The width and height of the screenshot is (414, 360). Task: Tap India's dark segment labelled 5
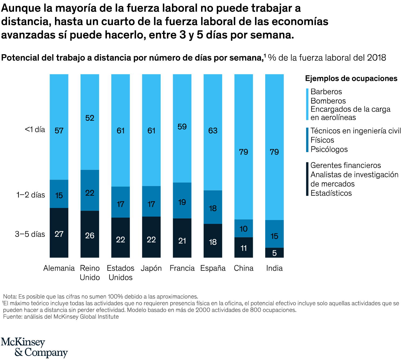pyautogui.click(x=274, y=253)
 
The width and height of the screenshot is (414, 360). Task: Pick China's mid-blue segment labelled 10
pyautogui.click(x=244, y=229)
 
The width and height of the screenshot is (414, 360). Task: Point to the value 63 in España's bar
pyautogui.click(x=213, y=131)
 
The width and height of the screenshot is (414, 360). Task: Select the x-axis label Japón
pyautogui.click(x=151, y=268)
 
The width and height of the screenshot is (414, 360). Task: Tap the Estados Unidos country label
pyautogui.click(x=120, y=273)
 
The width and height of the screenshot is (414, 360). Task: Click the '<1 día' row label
pyautogui.click(x=35, y=130)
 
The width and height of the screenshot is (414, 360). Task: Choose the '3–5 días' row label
pyautogui.click(x=30, y=234)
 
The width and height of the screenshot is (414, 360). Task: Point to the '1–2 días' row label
pyautogui.click(x=30, y=195)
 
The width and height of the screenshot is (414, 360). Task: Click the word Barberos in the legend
pyautogui.click(x=326, y=92)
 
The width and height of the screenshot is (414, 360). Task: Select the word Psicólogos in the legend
pyautogui.click(x=329, y=149)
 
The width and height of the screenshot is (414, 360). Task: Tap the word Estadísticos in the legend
pyautogui.click(x=331, y=193)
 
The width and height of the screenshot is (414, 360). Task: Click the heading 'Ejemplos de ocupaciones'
pyautogui.click(x=351, y=78)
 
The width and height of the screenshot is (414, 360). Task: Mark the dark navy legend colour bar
pyautogui.click(x=307, y=179)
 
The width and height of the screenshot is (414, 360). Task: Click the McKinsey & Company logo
pyautogui.click(x=34, y=348)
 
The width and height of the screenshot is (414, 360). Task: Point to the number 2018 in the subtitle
pyautogui.click(x=377, y=58)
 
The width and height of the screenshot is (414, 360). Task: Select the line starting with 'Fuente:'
pyautogui.click(x=61, y=317)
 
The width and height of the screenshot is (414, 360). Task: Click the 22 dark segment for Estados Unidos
pyautogui.click(x=120, y=239)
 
